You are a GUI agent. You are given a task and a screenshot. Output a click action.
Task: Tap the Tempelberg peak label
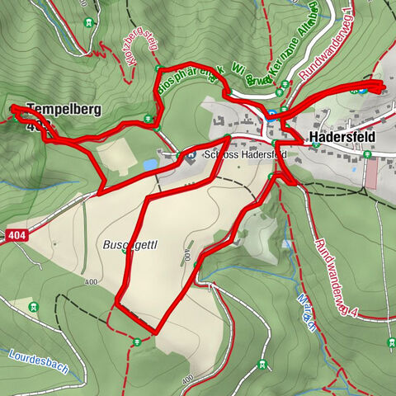(x=58, y=108)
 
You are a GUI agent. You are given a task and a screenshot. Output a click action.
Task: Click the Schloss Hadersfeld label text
(x=240, y=155)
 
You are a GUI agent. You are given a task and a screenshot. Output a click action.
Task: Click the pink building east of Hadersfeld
(x=371, y=173)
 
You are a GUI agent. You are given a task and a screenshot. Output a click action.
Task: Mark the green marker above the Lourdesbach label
(x=34, y=308)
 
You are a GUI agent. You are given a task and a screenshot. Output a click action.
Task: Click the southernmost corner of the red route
(x=154, y=332)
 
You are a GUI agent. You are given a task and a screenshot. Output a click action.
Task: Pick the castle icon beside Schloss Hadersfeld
(x=191, y=154)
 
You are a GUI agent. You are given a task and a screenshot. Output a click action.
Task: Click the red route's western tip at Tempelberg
(x=12, y=108)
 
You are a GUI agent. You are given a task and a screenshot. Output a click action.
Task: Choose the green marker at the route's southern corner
(x=134, y=342)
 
